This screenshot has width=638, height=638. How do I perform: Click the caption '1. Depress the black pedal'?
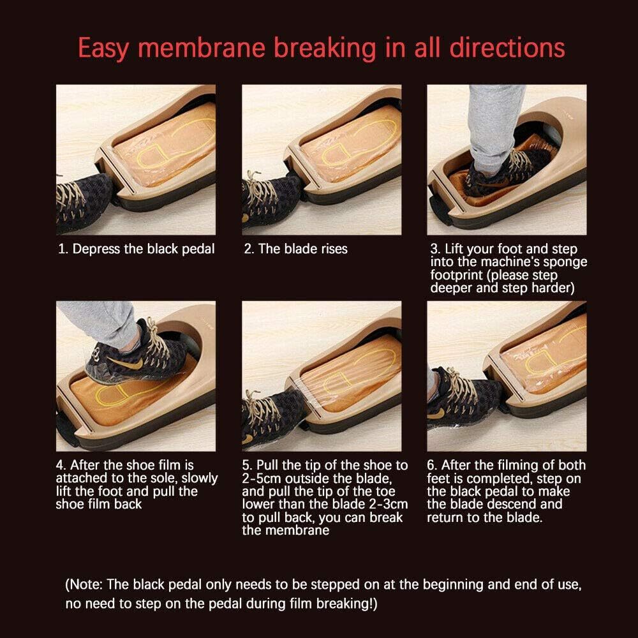coord(137,249)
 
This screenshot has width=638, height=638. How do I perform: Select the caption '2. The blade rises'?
coord(295,249)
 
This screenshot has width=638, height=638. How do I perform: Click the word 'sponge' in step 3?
coord(567,262)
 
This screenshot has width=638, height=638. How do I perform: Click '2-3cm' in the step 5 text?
coord(383,504)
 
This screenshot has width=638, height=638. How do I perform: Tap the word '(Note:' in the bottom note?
coord(84,584)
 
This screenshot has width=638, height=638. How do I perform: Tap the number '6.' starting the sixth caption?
coord(434,465)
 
